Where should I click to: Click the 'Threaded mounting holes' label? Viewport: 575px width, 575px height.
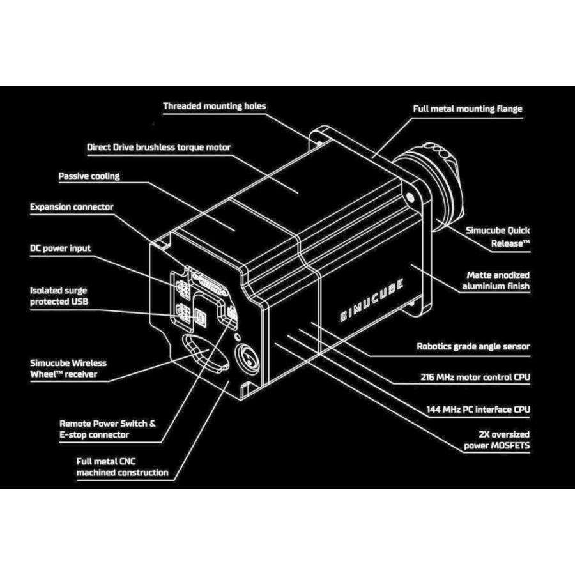214,106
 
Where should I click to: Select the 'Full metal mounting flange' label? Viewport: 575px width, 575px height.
468,109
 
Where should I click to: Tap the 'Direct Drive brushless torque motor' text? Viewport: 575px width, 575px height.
158,148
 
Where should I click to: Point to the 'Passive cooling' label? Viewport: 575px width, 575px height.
89,176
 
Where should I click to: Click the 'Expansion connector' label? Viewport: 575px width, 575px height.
72,207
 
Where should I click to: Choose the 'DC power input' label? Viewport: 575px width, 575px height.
61,248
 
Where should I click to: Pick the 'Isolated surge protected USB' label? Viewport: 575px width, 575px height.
59,296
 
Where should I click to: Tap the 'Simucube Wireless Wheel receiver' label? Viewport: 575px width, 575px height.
68,369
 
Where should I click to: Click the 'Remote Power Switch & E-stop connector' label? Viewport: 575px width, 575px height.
107,429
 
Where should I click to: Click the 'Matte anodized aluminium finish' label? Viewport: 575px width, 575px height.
496,280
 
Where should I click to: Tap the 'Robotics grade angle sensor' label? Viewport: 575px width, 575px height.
473,347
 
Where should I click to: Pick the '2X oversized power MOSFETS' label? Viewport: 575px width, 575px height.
497,440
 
